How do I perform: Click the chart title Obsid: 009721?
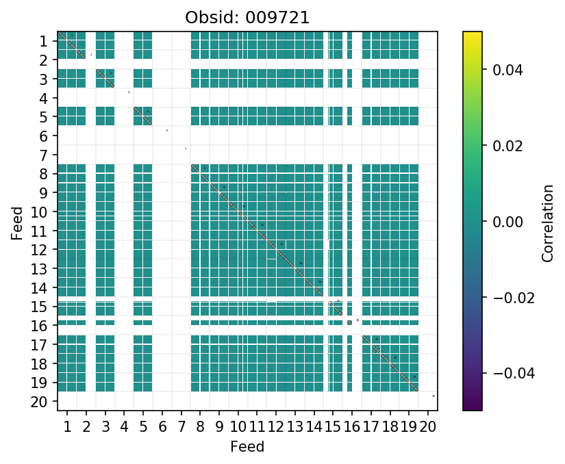coord(247,18)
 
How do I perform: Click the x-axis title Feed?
coord(247,447)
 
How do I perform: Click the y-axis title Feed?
coord(16,222)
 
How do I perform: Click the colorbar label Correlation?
coord(547,222)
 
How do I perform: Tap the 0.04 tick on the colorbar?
coord(503,70)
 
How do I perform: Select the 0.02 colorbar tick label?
coord(503,146)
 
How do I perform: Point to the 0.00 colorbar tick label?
coord(503,222)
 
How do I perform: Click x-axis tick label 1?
coord(67,428)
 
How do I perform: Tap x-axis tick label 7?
coord(181,428)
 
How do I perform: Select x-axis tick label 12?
coord(276,428)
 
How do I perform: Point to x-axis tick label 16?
coord(352,428)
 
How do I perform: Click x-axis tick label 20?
coord(428,428)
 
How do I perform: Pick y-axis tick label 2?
coord(43,60)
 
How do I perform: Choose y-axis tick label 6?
coord(43,136)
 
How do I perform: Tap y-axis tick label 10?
coord(39,212)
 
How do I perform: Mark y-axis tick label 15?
coord(39,307)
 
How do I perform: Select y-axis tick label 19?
coord(39,383)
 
